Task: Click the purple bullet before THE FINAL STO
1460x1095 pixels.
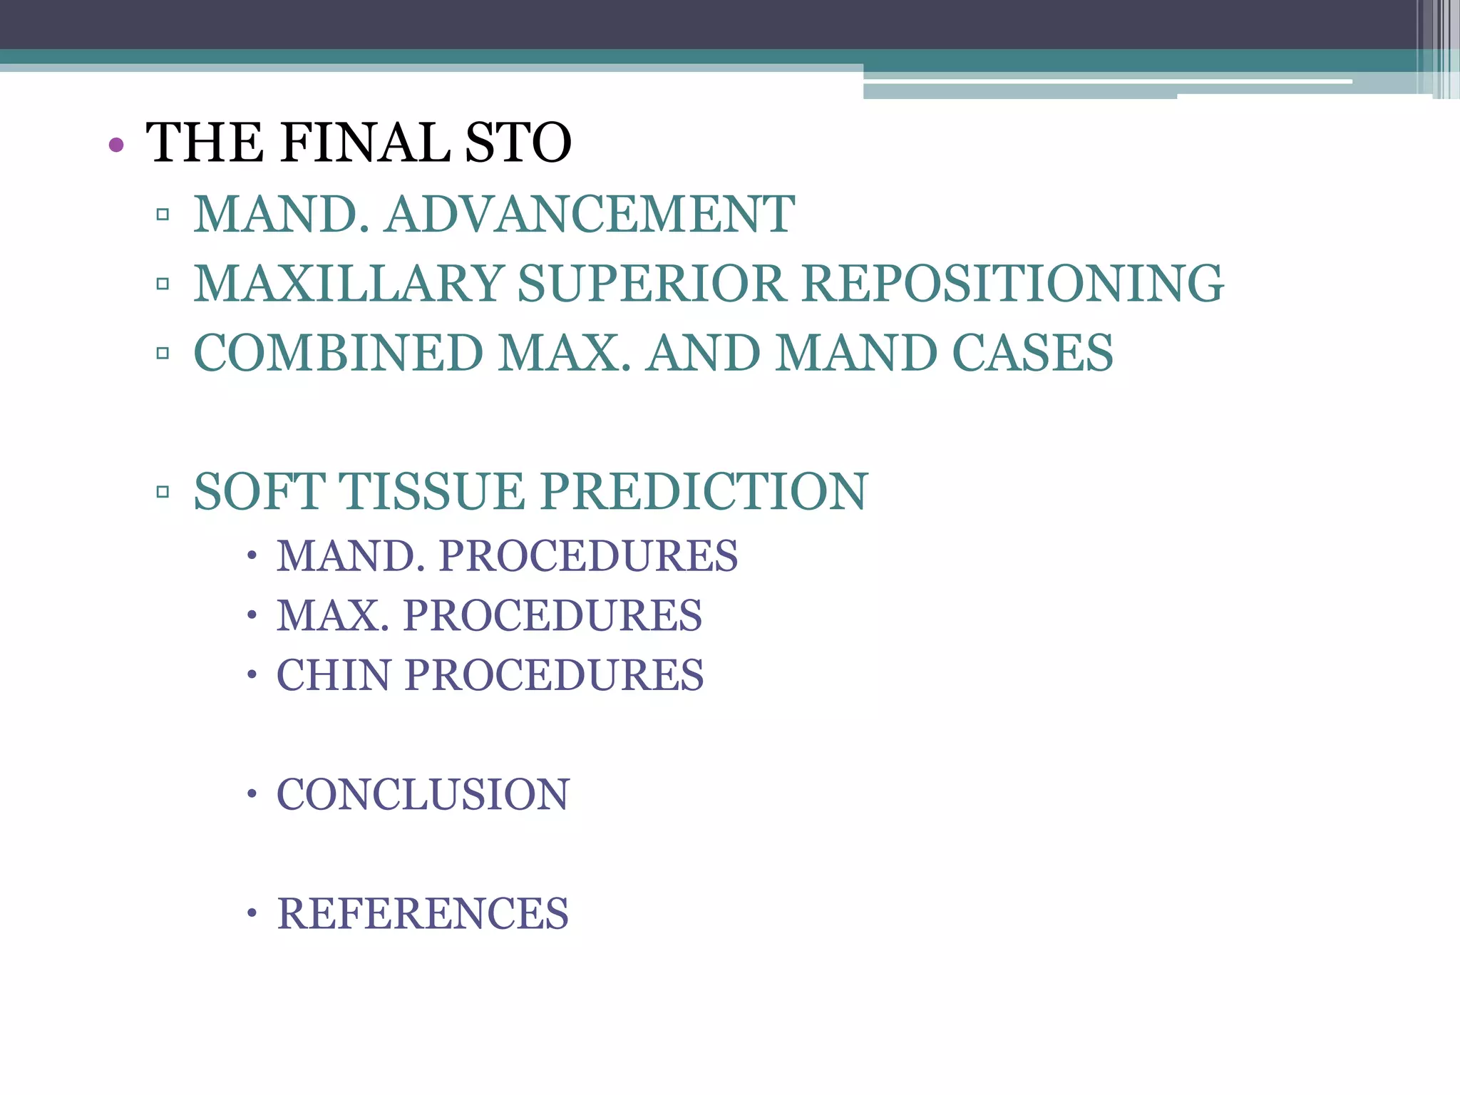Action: pyautogui.click(x=116, y=145)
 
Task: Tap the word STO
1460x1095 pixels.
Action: pyautogui.click(x=518, y=143)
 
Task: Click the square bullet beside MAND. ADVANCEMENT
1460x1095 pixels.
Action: pyautogui.click(x=163, y=214)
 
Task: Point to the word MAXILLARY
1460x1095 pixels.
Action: pyautogui.click(x=349, y=284)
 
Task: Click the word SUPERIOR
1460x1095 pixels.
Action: pyautogui.click(x=652, y=284)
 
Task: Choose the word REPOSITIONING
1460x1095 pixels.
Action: pyautogui.click(x=1012, y=284)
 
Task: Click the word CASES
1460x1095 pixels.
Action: pyautogui.click(x=1032, y=353)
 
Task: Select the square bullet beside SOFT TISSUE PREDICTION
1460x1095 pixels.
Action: pyautogui.click(x=163, y=491)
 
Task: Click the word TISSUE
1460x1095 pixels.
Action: pyautogui.click(x=431, y=491)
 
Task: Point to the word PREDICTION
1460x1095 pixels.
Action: pyautogui.click(x=704, y=491)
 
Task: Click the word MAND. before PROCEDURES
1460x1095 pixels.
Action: pyautogui.click(x=351, y=556)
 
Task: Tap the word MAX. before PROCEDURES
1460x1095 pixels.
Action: pyautogui.click(x=333, y=615)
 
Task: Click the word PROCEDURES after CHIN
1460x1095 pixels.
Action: pyautogui.click(x=554, y=675)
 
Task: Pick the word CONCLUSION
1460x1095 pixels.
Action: pyautogui.click(x=423, y=794)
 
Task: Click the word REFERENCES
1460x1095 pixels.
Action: pyautogui.click(x=423, y=913)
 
